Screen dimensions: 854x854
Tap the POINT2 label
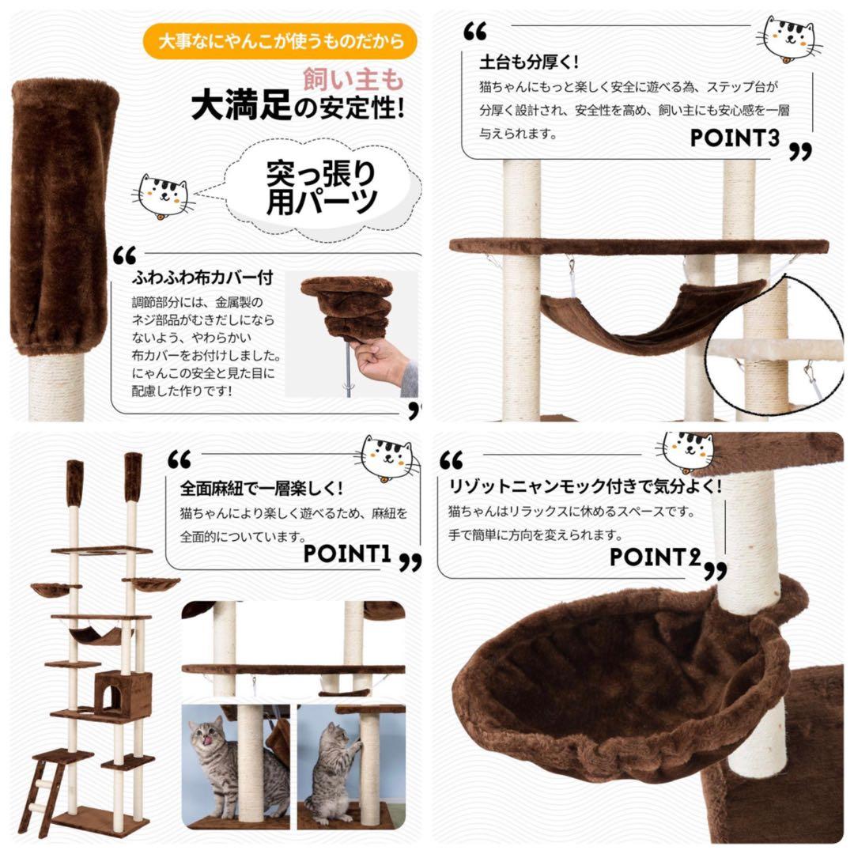coord(656,557)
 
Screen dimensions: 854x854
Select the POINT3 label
coord(735,138)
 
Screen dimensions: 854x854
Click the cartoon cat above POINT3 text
coord(788,38)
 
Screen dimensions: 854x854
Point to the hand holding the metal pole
coord(382,362)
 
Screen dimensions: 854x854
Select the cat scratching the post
coord(332,763)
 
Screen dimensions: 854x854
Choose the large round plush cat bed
coord(625,680)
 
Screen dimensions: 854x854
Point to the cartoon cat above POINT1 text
coord(387,459)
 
